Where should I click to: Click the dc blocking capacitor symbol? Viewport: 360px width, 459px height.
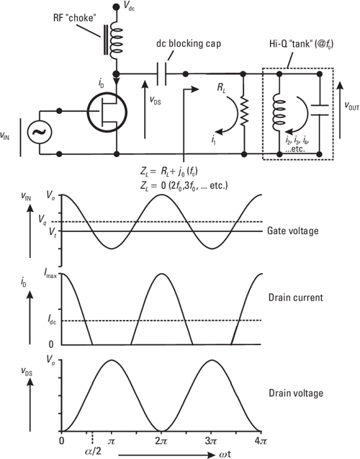click(x=165, y=73)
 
